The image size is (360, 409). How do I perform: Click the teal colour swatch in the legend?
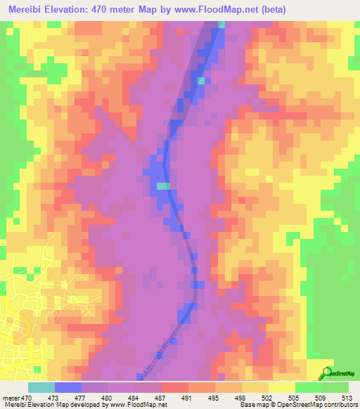click(x=41, y=387)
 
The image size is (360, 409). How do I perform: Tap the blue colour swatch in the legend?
click(x=68, y=387)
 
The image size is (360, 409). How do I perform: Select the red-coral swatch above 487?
click(x=175, y=387)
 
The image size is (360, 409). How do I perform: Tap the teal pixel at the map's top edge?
click(x=221, y=25)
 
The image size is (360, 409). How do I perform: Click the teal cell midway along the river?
click(x=162, y=186)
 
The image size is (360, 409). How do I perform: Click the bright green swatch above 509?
click(x=309, y=387)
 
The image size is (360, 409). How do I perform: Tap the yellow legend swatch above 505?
click(x=282, y=387)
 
